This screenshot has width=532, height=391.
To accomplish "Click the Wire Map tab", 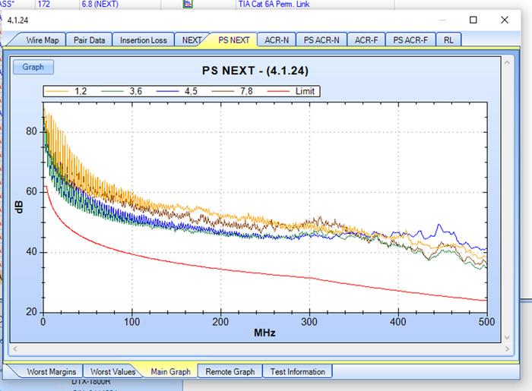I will (43, 39).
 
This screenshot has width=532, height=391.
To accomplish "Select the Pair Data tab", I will (89, 39).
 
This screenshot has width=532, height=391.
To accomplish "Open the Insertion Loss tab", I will (144, 39).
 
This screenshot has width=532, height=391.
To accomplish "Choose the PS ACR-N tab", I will (321, 39).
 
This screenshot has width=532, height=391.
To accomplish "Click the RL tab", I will (449, 39).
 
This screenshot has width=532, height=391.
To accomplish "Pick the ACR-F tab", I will (367, 39).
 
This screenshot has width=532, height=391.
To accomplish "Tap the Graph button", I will (33, 67).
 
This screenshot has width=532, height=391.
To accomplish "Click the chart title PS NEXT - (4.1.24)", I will (255, 71).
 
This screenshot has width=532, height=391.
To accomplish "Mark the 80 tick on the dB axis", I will (32, 131).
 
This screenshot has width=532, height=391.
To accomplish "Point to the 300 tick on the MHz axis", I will (309, 322).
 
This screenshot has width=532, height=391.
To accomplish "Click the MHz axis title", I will (264, 333).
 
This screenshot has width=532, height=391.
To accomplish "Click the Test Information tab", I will (298, 371).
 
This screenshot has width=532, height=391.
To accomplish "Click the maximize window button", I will (473, 20).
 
